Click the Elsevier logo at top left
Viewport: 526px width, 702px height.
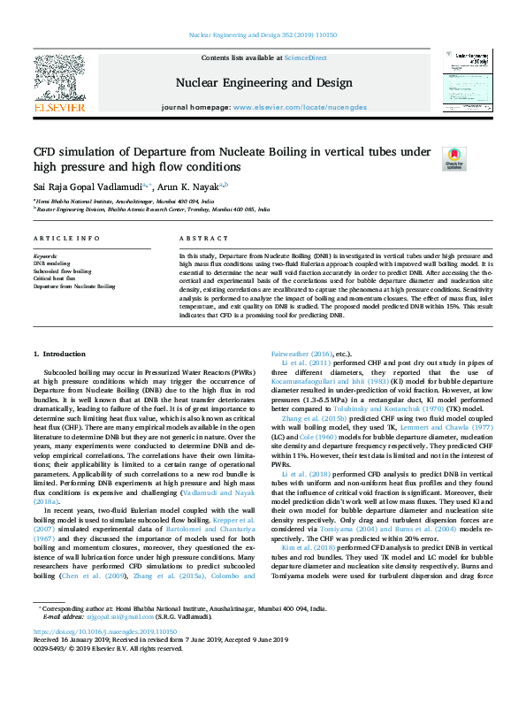click(58, 84)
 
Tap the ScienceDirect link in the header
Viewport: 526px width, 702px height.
click(305, 58)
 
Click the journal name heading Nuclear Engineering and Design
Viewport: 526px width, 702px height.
click(263, 83)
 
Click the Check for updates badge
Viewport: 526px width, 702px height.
click(454, 158)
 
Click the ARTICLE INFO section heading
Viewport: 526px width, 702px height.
click(60, 240)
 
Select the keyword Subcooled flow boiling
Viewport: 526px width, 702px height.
click(62, 271)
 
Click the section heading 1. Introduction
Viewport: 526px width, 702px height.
click(67, 378)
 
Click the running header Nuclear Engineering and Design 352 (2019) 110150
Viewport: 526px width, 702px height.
click(263, 36)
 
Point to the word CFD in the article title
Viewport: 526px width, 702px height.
click(45, 152)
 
